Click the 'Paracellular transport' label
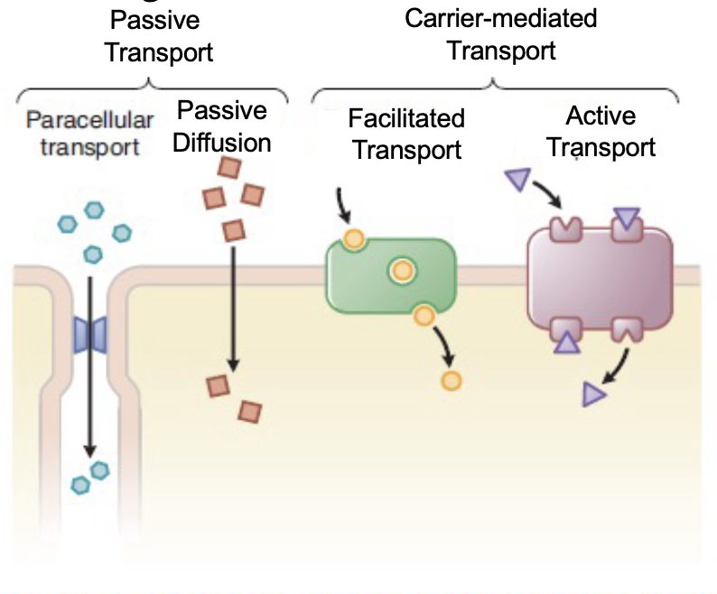[x=89, y=133]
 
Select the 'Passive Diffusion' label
[x=222, y=126]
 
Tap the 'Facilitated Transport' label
[x=406, y=133]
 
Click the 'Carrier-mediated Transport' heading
[x=501, y=33]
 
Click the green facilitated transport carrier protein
[x=389, y=275]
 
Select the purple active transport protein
[x=600, y=282]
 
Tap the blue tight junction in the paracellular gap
[x=89, y=332]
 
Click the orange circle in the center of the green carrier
[x=400, y=269]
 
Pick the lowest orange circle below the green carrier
[x=451, y=379]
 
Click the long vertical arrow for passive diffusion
[x=234, y=307]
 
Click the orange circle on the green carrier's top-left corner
[x=353, y=240]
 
